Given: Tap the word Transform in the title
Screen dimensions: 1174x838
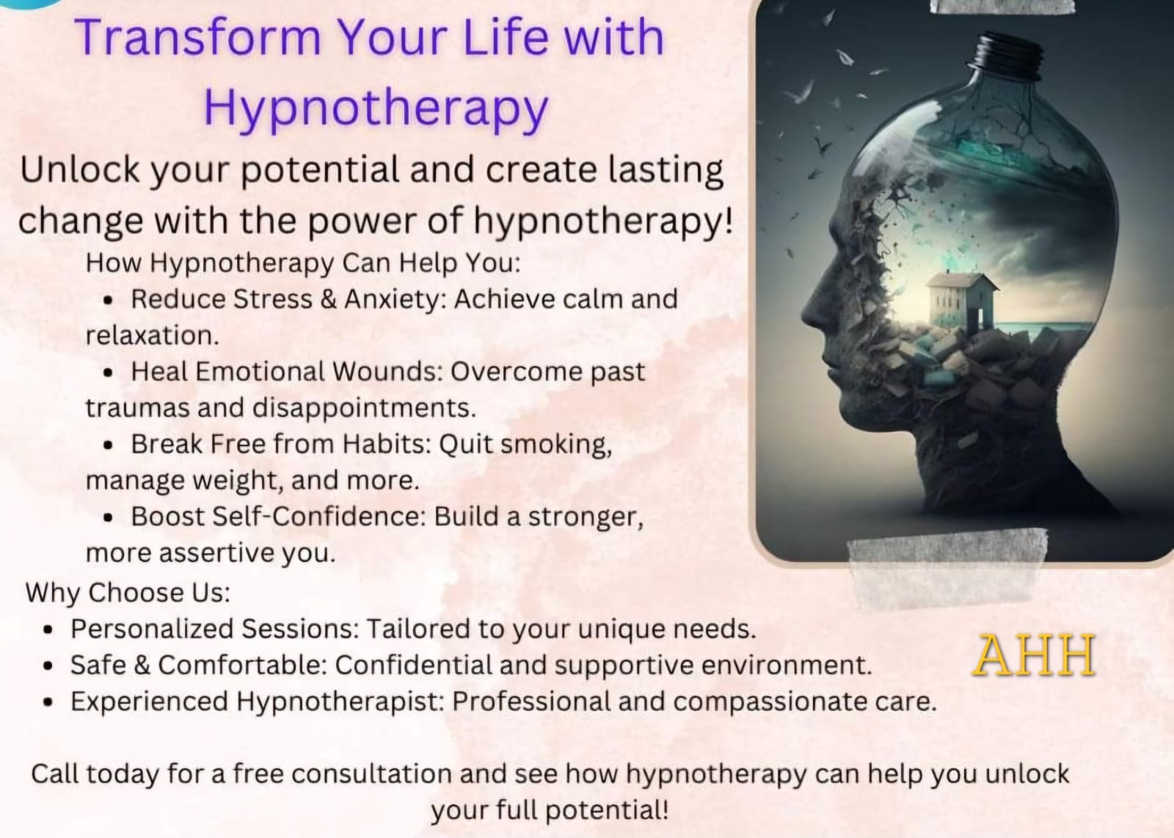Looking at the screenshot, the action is point(197,37).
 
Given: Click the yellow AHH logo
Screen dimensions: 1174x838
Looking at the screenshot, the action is point(1034,655).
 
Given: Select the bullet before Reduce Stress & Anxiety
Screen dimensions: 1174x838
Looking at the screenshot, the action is point(109,300).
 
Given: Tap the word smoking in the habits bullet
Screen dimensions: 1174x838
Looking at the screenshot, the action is point(556,445).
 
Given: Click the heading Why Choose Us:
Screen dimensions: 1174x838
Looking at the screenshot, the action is point(128,593).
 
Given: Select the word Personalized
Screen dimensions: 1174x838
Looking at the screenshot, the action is point(152,629).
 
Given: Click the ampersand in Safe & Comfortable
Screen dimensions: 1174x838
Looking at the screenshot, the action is point(142,666).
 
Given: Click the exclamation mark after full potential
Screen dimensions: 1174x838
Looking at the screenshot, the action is point(665,809).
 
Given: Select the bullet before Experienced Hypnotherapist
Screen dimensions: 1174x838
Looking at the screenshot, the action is point(48,702).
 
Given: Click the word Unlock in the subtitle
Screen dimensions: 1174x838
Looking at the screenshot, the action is point(80,170).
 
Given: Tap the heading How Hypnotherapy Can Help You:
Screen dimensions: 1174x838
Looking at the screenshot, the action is point(303,263).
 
